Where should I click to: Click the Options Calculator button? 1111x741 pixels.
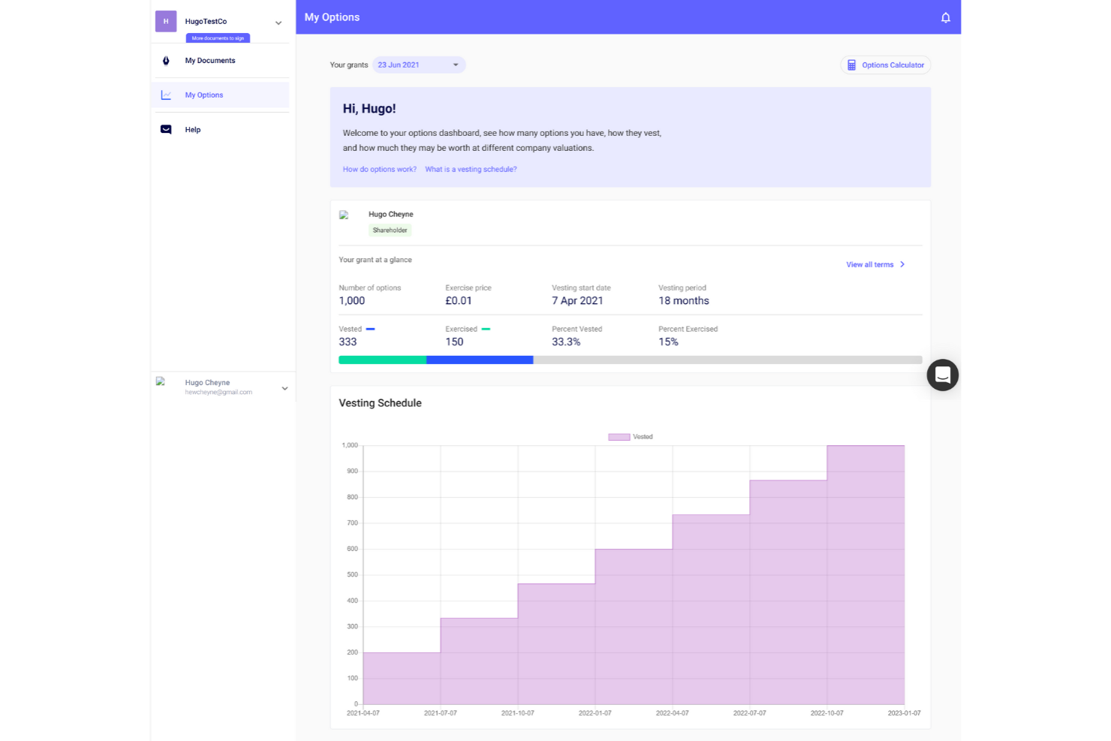click(x=885, y=65)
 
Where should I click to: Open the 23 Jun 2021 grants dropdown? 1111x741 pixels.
click(x=419, y=65)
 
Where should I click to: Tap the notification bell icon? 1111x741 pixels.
click(x=945, y=18)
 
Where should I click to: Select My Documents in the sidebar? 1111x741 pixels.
click(x=210, y=61)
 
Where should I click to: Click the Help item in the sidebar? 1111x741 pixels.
click(x=193, y=130)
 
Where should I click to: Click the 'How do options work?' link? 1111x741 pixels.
click(x=379, y=170)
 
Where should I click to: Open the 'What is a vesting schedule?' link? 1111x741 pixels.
click(x=471, y=170)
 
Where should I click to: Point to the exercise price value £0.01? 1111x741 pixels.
click(x=459, y=301)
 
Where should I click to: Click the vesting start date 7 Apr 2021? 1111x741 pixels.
click(x=577, y=301)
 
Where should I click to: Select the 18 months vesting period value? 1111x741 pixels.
click(x=683, y=301)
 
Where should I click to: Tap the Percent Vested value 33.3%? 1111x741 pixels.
click(x=566, y=342)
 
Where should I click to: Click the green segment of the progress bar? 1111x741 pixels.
click(x=382, y=360)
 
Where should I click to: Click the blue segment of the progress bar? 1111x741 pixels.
click(x=480, y=360)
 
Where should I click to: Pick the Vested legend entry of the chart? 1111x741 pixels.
click(x=631, y=437)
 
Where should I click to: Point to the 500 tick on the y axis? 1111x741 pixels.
click(x=352, y=575)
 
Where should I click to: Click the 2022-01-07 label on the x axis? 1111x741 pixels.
click(x=595, y=713)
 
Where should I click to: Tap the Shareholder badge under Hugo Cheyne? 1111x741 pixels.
click(x=390, y=230)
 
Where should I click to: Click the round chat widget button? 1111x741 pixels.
click(x=942, y=375)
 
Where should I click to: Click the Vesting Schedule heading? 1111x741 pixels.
click(x=380, y=403)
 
